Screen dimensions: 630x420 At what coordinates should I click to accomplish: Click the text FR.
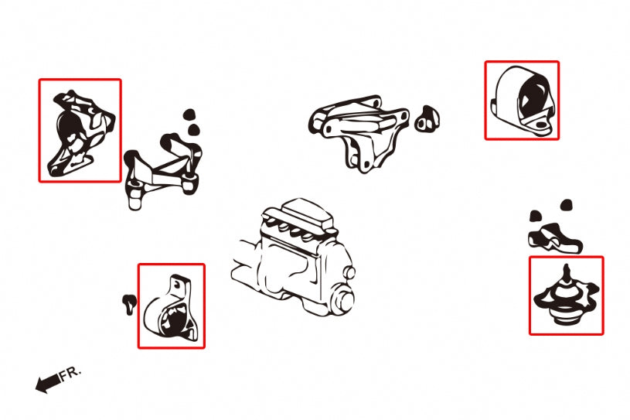point(70,374)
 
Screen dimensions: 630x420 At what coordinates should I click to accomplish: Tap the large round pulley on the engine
point(341,300)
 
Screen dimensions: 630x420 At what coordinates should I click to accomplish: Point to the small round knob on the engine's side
point(349,273)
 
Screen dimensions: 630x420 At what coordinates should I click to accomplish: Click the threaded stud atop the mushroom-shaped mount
point(567,274)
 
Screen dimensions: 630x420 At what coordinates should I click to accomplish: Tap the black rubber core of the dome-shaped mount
point(533,97)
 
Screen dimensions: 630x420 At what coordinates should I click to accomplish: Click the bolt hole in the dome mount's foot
point(541,125)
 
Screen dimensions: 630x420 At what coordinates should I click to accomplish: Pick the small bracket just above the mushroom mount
point(554,239)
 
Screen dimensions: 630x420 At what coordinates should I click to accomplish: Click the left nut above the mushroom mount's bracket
point(536,217)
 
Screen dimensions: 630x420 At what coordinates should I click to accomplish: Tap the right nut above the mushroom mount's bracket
point(566,205)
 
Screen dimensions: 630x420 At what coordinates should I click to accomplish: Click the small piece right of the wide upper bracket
point(427,119)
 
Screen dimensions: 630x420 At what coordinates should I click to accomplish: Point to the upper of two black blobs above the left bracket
point(189,114)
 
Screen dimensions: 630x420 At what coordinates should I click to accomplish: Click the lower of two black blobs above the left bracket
point(194,129)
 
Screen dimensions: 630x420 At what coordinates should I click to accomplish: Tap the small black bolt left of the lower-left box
point(129,304)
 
